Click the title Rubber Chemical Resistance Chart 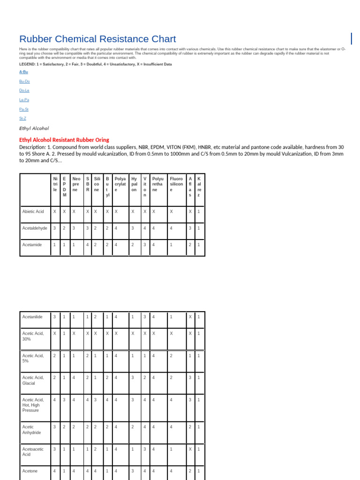point(97,39)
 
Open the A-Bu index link point(24,72)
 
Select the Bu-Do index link point(24,81)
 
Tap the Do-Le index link point(24,90)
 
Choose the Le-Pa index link point(24,100)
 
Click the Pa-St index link point(24,109)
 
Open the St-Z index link point(22,118)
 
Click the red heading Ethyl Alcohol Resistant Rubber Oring point(64,140)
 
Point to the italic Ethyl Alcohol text point(34,128)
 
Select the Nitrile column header point(55,184)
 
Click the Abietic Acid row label point(33,212)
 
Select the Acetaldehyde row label point(34,228)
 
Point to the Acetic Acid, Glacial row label point(33,380)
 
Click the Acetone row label point(30,471)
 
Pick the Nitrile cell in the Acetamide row point(54,244)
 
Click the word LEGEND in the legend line point(28,64)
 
